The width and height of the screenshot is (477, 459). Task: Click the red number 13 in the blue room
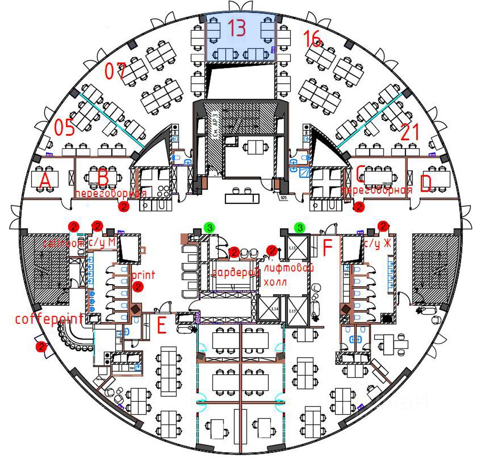click(236, 28)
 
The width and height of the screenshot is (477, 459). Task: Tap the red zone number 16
click(312, 39)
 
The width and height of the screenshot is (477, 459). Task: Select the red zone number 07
click(115, 71)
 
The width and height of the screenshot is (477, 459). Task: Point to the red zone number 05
click(64, 127)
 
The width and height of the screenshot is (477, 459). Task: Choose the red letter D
click(426, 184)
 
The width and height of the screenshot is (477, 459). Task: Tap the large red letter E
click(161, 327)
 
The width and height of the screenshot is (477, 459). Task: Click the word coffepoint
click(49, 319)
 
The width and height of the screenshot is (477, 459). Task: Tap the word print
click(144, 275)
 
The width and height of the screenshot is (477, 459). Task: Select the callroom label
click(64, 243)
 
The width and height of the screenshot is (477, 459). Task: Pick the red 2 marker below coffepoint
click(41, 346)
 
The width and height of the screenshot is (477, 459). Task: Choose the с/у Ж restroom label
click(378, 244)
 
